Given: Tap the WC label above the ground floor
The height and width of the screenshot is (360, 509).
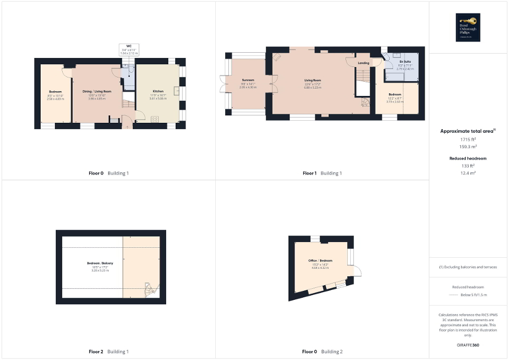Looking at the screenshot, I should [x=129, y=46].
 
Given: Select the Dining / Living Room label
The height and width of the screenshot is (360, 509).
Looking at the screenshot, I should [x=97, y=91].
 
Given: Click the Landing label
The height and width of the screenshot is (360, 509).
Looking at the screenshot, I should [x=363, y=63].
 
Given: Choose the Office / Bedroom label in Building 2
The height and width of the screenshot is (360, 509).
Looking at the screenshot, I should [x=321, y=261].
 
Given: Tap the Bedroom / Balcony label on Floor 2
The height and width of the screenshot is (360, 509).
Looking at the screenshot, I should [x=100, y=263].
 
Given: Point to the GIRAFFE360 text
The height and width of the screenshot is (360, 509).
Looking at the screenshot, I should [x=468, y=345].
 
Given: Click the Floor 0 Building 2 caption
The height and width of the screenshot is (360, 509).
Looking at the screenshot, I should [x=322, y=352].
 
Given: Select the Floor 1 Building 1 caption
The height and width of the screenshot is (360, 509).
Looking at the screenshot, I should [x=322, y=173].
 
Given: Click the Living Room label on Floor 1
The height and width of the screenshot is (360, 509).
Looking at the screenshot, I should [x=313, y=81].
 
